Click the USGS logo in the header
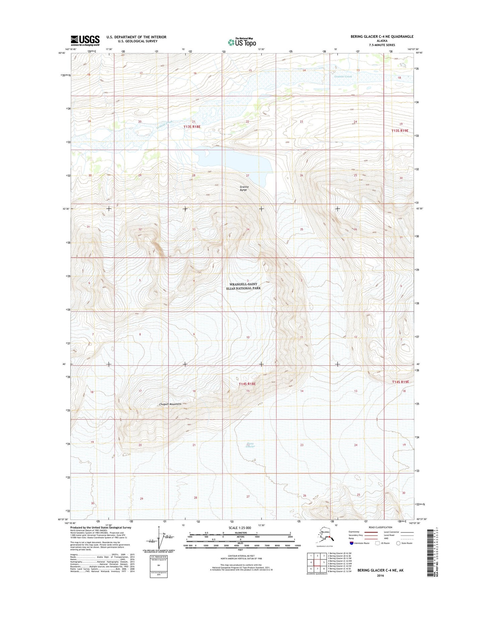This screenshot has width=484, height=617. pyautogui.click(x=85, y=40)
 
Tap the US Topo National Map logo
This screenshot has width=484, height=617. pyautogui.click(x=242, y=42)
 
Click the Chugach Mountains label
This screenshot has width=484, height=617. pyautogui.click(x=170, y=404)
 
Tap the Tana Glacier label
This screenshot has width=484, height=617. pyautogui.click(x=250, y=445)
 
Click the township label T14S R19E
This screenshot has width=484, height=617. pyautogui.click(x=401, y=382)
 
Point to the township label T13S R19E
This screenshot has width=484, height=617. pyautogui.click(x=400, y=131)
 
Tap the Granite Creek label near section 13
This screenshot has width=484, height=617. pyautogui.click(x=343, y=76)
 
